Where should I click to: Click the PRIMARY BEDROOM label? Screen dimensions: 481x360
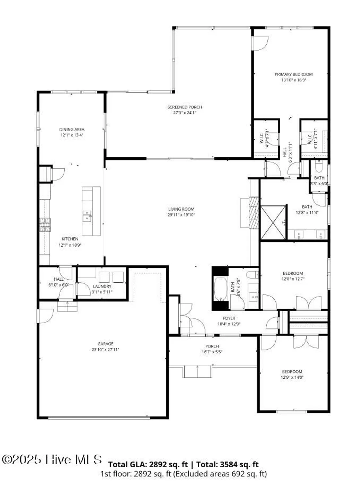(293, 74)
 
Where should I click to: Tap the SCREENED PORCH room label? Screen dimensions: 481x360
(185, 107)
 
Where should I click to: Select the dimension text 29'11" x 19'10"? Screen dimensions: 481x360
(181, 215)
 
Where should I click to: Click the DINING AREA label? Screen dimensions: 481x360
(72, 130)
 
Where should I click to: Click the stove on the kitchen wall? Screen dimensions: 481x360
(45, 224)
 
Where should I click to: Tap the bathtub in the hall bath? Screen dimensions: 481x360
(220, 289)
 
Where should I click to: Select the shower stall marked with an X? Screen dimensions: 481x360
(273, 222)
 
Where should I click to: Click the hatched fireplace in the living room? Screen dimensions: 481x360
(254, 212)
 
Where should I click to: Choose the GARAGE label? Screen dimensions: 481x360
(105, 344)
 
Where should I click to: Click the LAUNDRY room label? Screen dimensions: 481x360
(102, 286)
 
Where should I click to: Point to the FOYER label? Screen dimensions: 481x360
(229, 318)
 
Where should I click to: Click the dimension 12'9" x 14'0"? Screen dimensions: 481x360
(292, 377)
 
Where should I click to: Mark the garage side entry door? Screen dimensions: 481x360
(45, 316)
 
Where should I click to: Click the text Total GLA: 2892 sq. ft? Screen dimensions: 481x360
(148, 464)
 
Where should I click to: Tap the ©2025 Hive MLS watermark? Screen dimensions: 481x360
(52, 460)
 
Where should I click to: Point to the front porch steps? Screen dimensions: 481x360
(197, 372)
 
